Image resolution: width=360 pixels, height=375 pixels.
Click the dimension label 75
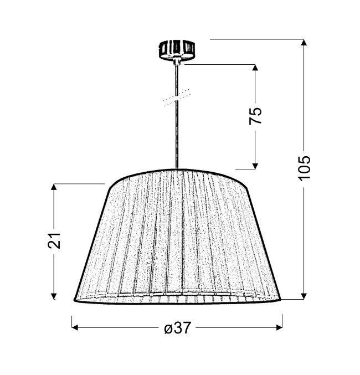[x=255, y=116]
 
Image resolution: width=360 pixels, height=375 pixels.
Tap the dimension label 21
[x=54, y=240]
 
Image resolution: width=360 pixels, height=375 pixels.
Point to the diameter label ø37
[x=178, y=328]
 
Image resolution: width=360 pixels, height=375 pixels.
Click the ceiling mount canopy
[x=177, y=50]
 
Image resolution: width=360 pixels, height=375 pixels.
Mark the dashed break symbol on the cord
[x=177, y=97]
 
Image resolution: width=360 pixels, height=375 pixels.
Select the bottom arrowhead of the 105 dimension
[x=304, y=296]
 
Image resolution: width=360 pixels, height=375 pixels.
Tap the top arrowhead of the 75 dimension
[x=255, y=68]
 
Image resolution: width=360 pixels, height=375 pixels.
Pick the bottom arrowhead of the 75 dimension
[x=255, y=166]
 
